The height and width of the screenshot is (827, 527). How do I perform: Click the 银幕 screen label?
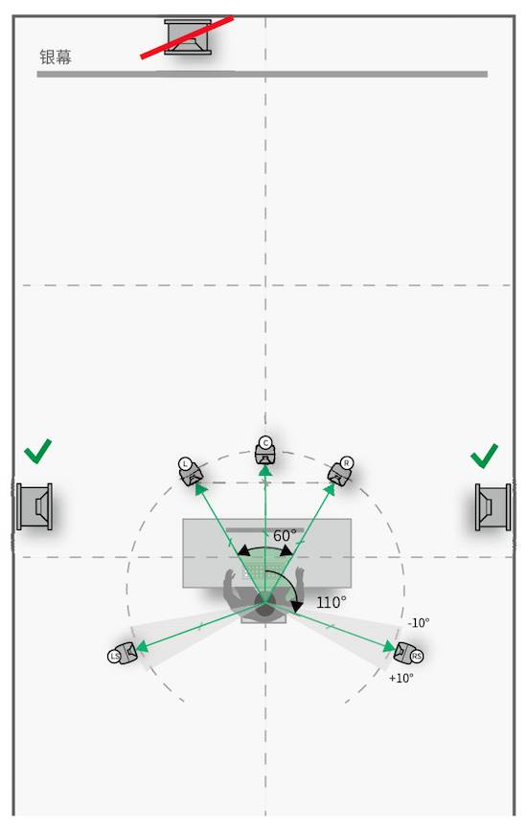click(56, 57)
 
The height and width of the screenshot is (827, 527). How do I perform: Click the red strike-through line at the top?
click(187, 37)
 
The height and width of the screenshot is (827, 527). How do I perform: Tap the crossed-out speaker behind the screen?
click(188, 37)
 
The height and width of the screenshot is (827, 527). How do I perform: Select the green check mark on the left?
click(37, 451)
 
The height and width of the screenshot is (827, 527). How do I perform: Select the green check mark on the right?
click(484, 456)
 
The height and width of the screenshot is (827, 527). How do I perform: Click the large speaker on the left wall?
click(34, 506)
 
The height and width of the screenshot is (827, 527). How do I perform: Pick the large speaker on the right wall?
click(493, 507)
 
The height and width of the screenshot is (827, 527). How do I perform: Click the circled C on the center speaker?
click(265, 442)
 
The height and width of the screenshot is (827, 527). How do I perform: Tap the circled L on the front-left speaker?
click(185, 463)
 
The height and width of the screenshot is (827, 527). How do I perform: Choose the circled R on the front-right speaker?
click(347, 463)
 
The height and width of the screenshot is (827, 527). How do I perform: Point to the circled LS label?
click(114, 656)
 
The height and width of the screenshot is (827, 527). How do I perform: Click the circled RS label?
click(417, 656)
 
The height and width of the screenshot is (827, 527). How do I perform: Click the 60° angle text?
click(284, 536)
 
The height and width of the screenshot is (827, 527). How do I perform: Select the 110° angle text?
click(332, 602)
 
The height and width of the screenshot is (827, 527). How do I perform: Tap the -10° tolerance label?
click(418, 623)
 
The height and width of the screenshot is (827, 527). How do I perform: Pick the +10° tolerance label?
click(401, 679)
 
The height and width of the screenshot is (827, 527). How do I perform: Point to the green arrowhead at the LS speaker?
click(141, 647)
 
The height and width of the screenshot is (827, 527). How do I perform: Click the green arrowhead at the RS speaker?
click(390, 647)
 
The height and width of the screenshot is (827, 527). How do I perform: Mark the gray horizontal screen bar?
click(262, 75)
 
